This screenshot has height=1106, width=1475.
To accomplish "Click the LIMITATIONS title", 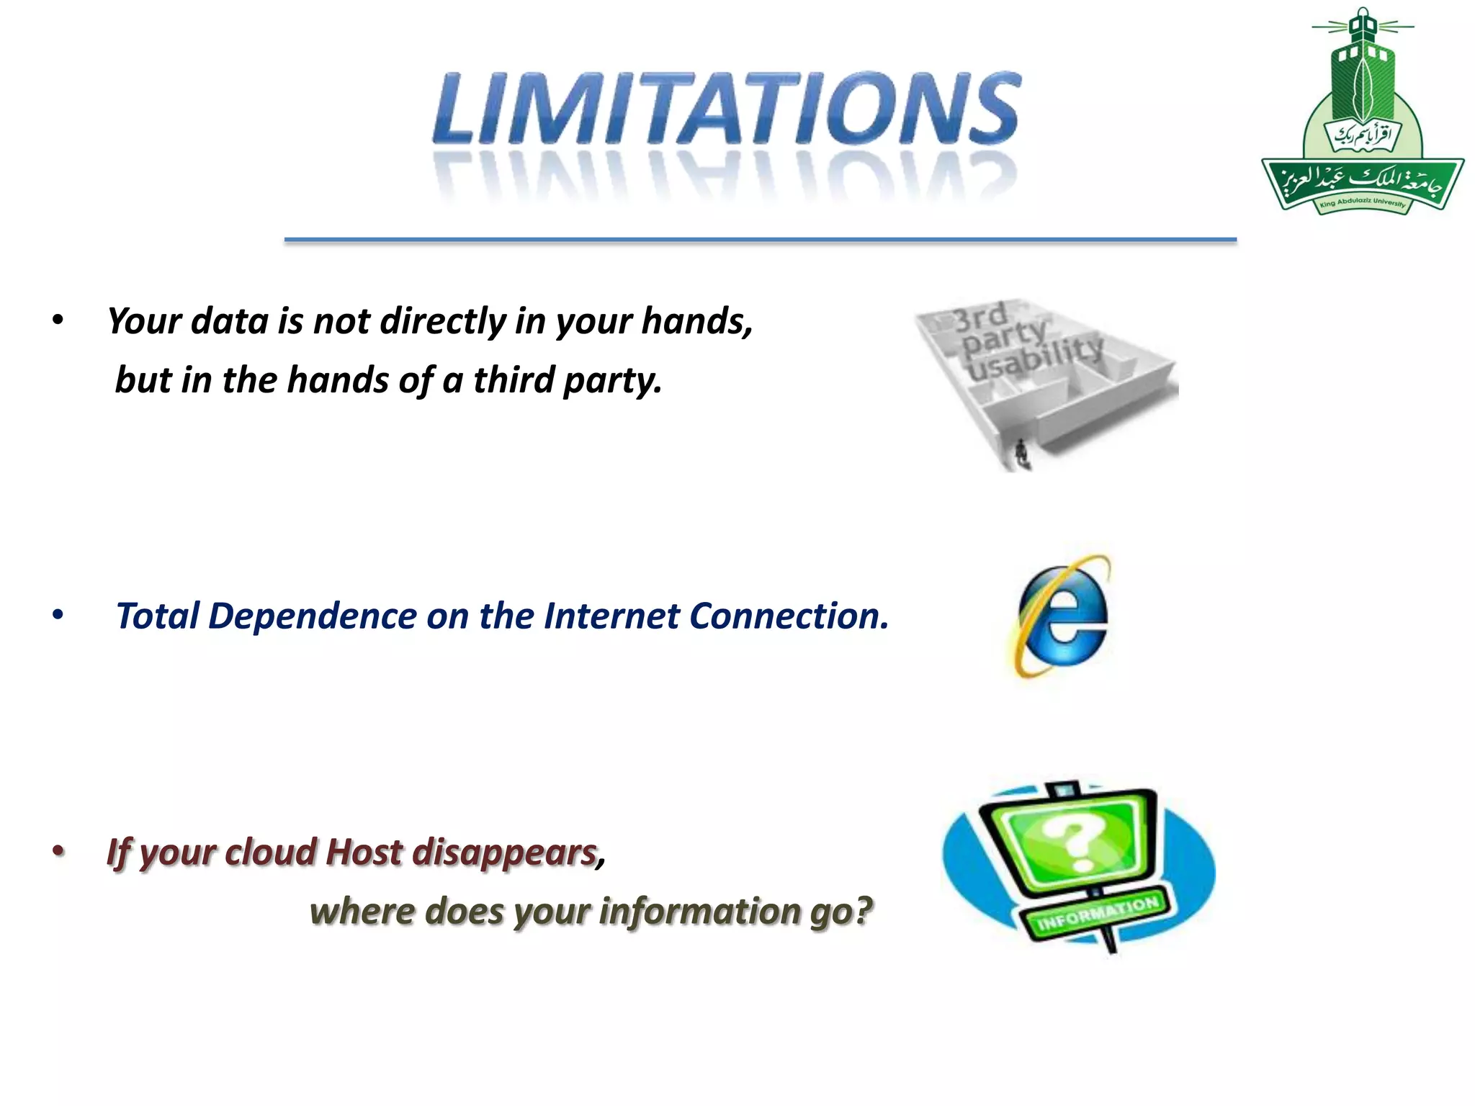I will click(726, 108).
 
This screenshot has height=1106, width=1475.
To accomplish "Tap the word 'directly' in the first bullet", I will click(443, 321).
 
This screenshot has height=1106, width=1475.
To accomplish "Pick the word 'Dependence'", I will click(312, 616).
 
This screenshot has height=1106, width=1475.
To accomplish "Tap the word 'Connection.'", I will click(789, 616).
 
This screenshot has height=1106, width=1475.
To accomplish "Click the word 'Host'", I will click(364, 853).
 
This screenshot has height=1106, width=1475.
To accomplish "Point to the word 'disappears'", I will click(504, 853).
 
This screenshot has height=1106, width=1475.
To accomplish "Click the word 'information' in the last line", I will click(699, 912).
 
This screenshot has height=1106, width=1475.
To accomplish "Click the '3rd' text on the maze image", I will click(979, 318).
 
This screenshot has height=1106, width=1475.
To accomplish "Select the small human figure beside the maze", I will click(1021, 454).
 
